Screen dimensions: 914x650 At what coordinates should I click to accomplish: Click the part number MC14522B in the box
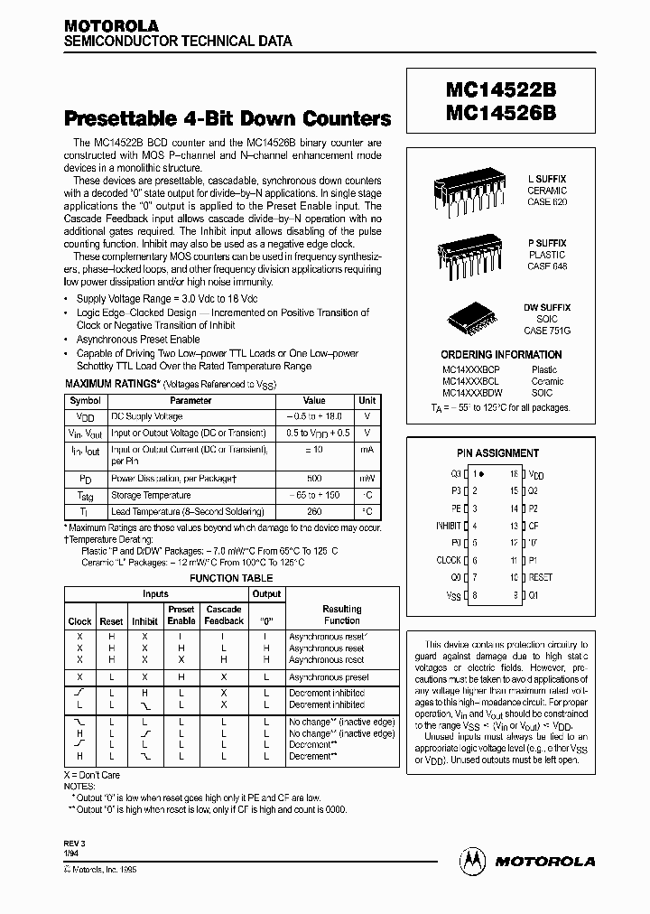point(499,93)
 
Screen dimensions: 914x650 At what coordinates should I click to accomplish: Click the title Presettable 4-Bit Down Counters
point(227,118)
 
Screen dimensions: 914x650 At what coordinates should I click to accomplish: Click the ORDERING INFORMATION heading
point(501,355)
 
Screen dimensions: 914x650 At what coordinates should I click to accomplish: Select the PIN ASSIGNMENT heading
point(497,453)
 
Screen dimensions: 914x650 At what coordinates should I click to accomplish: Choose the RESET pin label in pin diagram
point(540,577)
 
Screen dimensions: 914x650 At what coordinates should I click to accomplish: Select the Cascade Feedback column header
point(223,615)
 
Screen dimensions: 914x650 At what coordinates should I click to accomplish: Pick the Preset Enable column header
point(181,615)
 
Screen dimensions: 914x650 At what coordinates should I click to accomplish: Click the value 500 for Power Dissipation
point(314,479)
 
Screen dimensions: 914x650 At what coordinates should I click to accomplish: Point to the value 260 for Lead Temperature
point(314,510)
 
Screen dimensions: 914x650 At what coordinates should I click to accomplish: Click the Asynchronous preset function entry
point(328,676)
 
